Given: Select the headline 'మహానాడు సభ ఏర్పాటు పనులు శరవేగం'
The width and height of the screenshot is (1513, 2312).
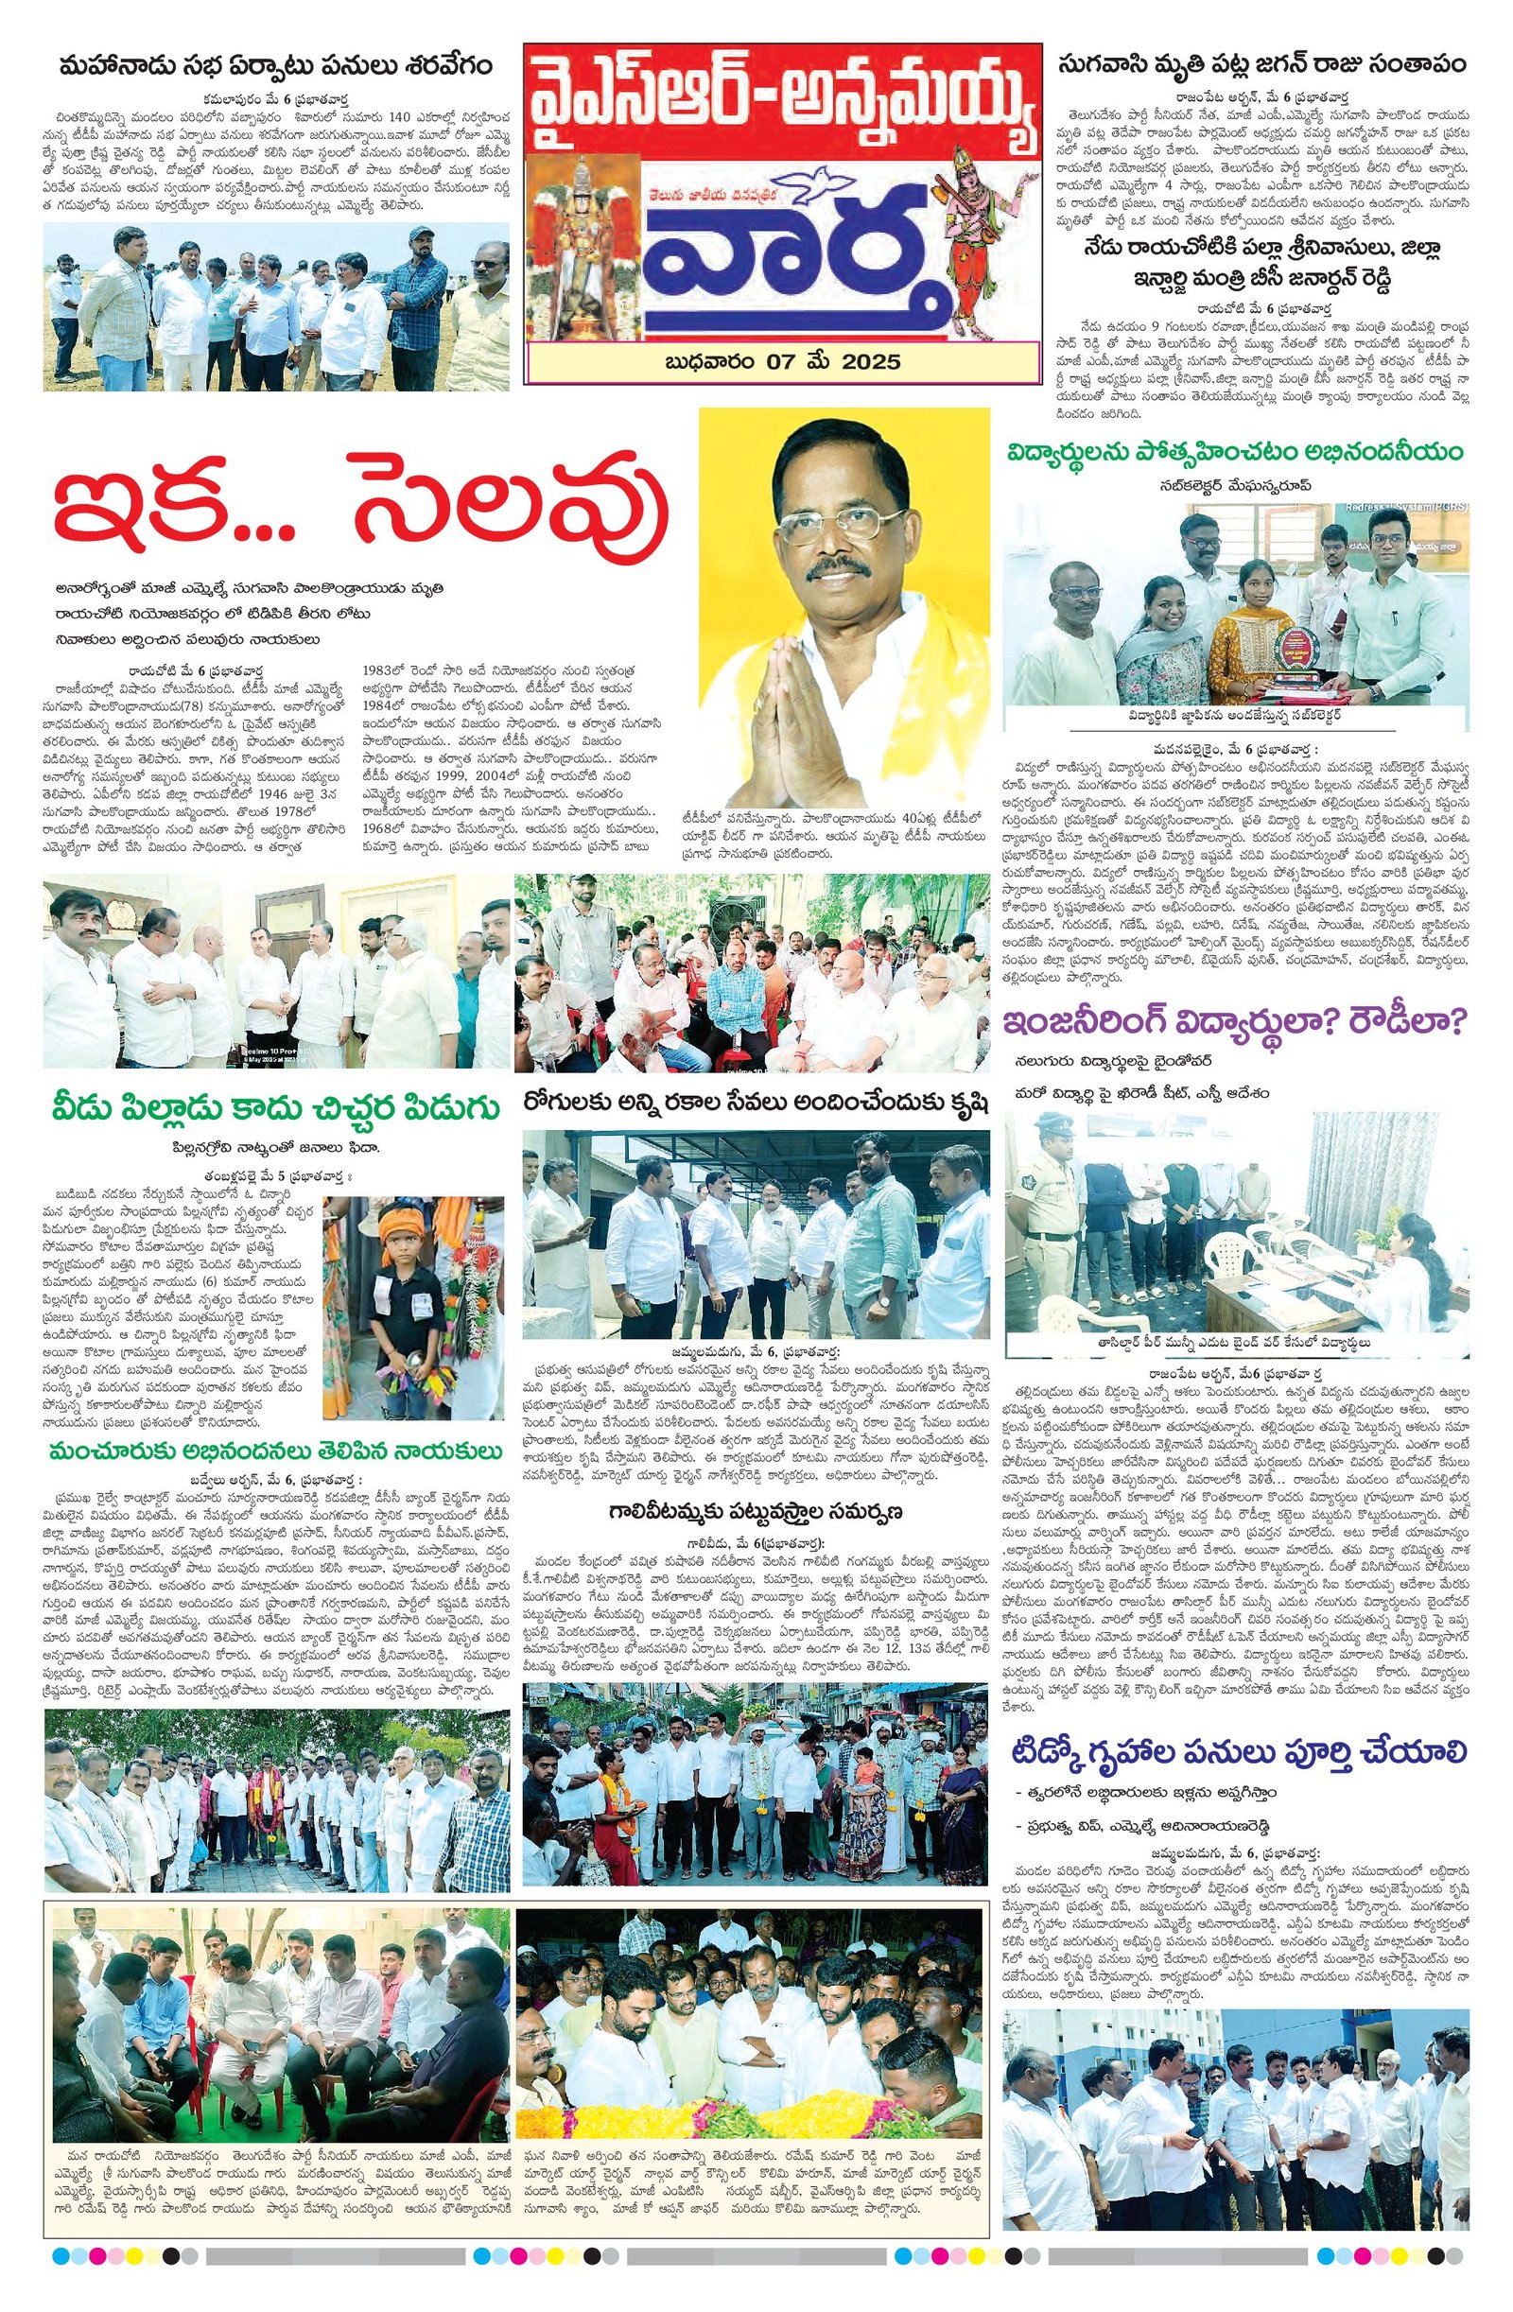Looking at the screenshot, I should pos(274,67).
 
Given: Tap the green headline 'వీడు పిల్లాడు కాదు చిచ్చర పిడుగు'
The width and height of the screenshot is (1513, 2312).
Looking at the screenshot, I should pos(274,1108).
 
